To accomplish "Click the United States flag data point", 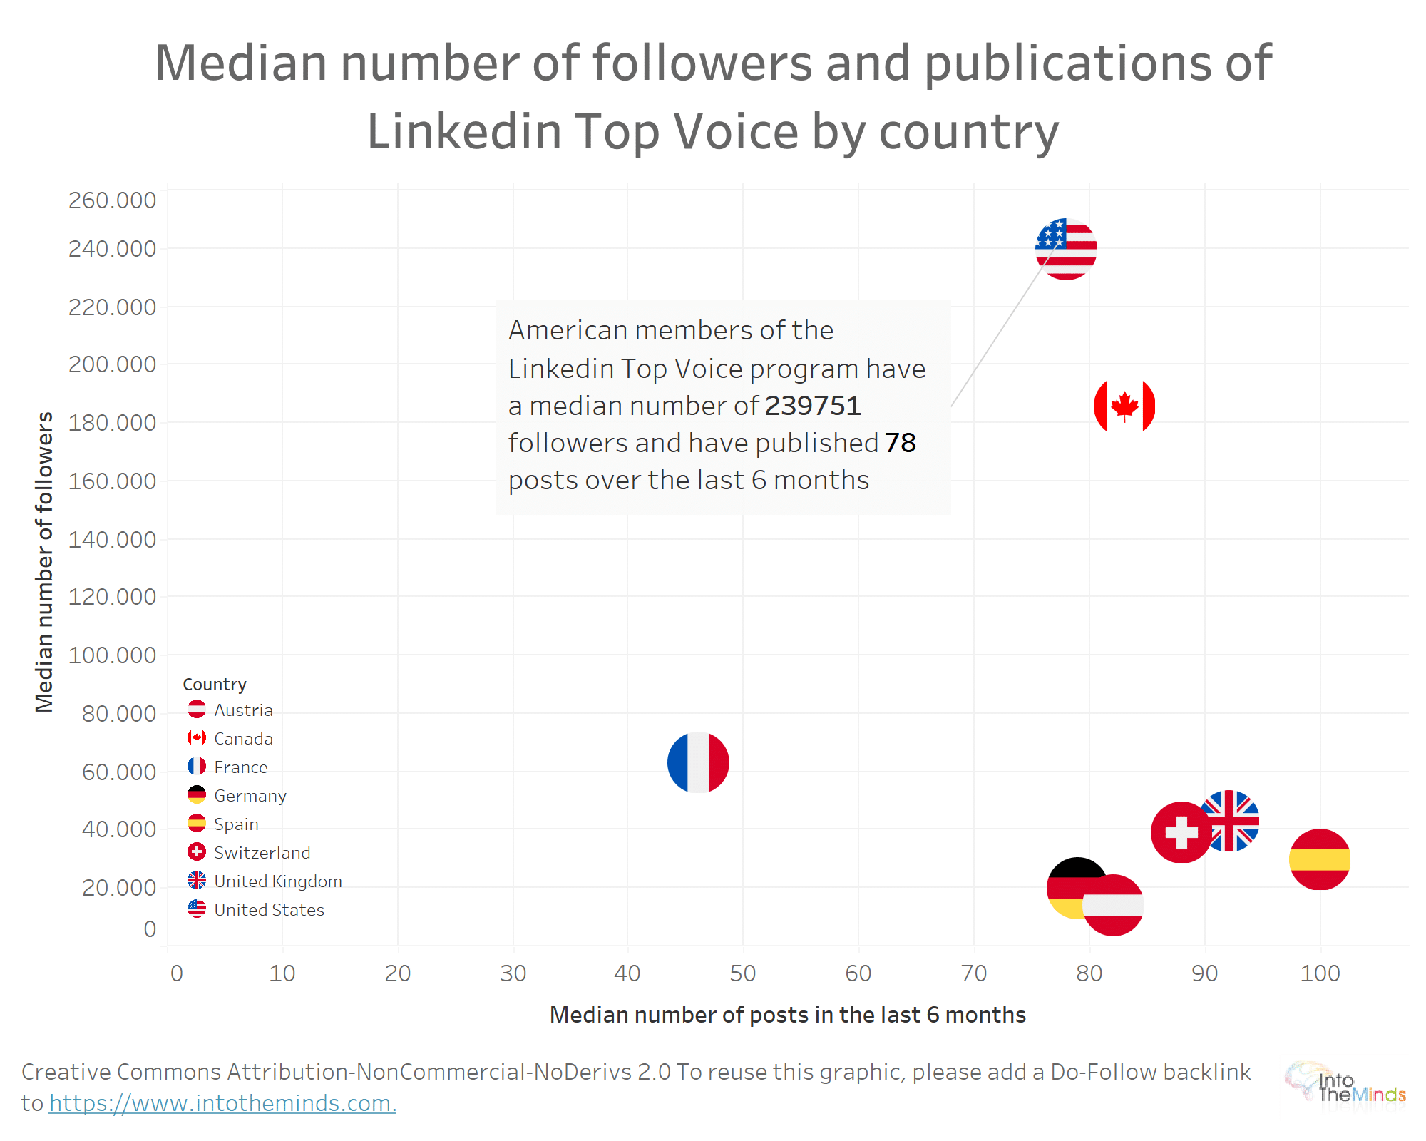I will pyautogui.click(x=1066, y=248).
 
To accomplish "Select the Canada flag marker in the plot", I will pyautogui.click(x=1124, y=406).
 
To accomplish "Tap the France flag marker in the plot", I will pyautogui.click(x=698, y=762).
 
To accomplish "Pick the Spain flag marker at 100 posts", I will pyautogui.click(x=1320, y=859).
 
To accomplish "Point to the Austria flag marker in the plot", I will pyautogui.click(x=1114, y=906).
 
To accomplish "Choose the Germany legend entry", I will pyautogui.click(x=250, y=796).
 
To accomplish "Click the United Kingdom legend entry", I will pyautogui.click(x=277, y=881).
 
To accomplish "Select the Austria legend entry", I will pyautogui.click(x=243, y=710).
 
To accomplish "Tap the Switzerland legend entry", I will pyautogui.click(x=262, y=853).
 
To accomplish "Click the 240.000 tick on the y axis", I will pyautogui.click(x=112, y=249).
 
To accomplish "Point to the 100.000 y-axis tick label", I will pyautogui.click(x=112, y=655).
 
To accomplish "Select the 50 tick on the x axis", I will pyautogui.click(x=743, y=973).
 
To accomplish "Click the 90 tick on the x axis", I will pyautogui.click(x=1205, y=973).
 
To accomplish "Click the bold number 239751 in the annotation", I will pyautogui.click(x=813, y=406).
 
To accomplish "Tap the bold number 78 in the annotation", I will pyautogui.click(x=900, y=443).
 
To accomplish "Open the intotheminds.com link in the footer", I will pyautogui.click(x=222, y=1103).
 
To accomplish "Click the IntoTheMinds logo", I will pyautogui.click(x=1346, y=1086).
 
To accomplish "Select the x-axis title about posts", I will pyautogui.click(x=787, y=1015).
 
